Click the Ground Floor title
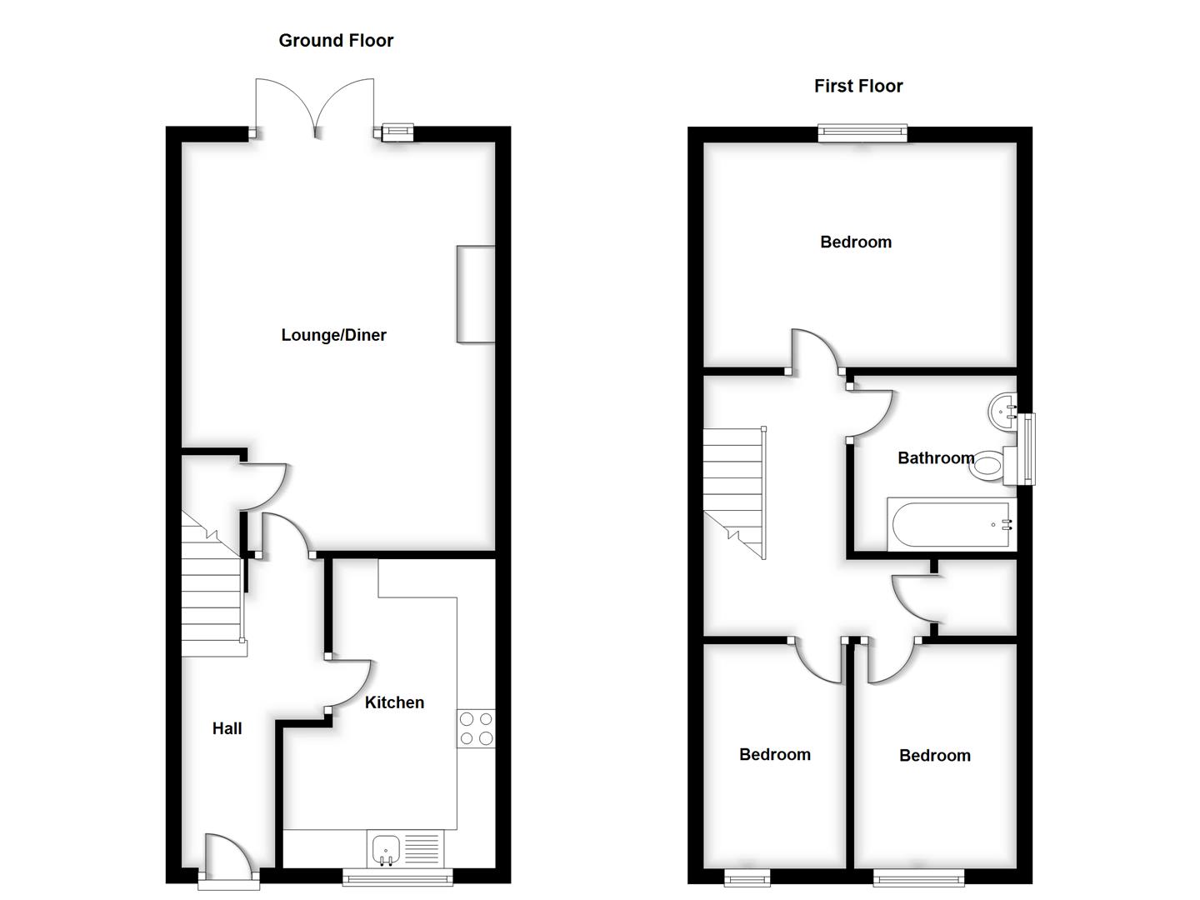click(336, 41)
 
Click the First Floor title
click(858, 86)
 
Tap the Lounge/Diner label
click(333, 335)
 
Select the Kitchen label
click(394, 702)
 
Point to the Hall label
click(227, 728)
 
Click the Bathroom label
click(935, 457)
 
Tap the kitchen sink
click(386, 849)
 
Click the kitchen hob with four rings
click(476, 728)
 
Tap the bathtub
click(950, 525)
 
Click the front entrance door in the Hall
click(227, 858)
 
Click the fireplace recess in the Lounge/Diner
click(476, 294)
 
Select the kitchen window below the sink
click(397, 876)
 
